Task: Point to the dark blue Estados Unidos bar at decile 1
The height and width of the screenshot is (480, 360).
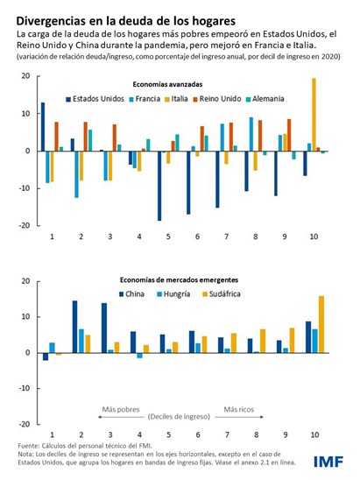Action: coord(42,126)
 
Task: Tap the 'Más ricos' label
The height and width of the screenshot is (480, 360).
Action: coord(240,408)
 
